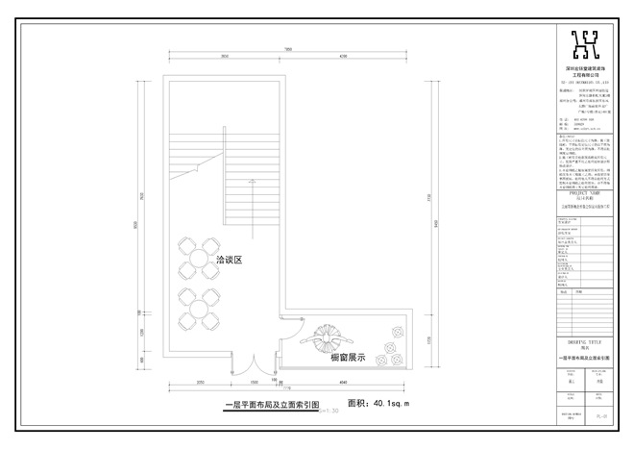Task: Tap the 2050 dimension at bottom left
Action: pos(199,382)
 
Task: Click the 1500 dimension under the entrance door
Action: pos(248,382)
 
